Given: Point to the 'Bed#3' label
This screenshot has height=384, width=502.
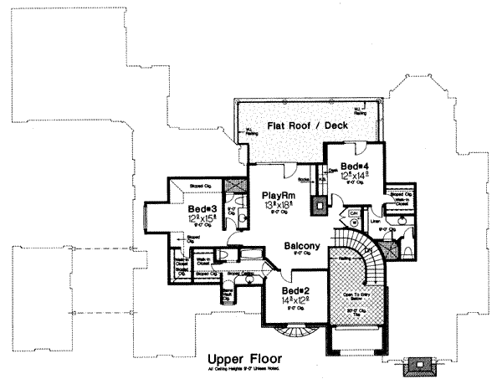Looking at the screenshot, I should (x=202, y=208).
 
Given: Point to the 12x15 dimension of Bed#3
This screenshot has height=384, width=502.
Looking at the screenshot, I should (x=202, y=220).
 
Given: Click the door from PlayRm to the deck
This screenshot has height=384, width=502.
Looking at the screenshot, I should (x=287, y=173).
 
